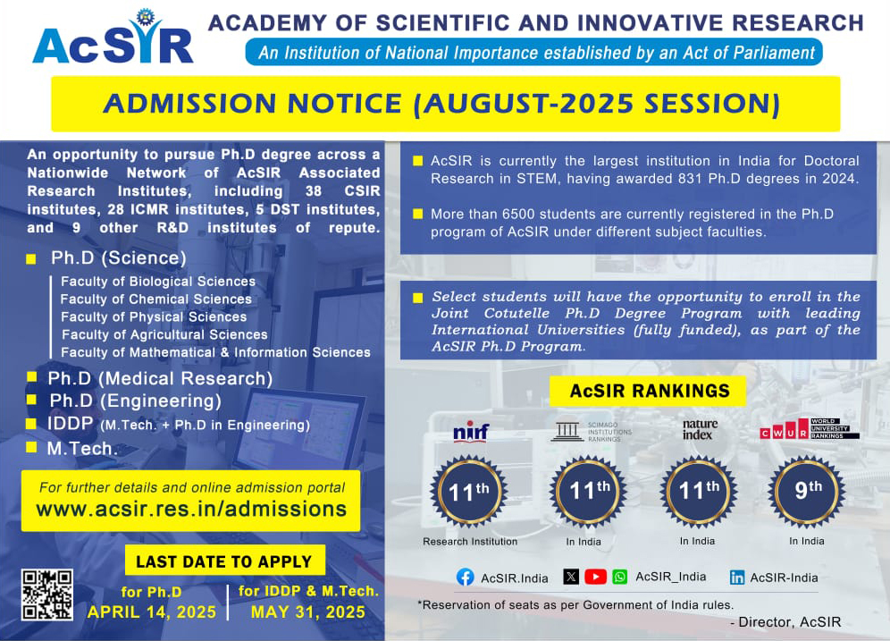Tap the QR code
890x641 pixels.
click(46, 595)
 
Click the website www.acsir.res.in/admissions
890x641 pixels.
click(190, 509)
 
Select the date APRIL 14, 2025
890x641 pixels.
click(152, 612)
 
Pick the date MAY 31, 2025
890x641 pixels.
click(307, 612)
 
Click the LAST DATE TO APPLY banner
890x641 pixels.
click(223, 562)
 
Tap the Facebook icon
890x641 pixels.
click(465, 578)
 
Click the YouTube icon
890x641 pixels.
click(595, 577)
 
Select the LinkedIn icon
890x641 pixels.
click(737, 578)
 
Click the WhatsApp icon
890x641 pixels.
click(619, 577)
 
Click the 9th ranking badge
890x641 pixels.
click(808, 491)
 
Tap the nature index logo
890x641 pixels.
click(700, 429)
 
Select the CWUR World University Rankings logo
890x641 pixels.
click(809, 430)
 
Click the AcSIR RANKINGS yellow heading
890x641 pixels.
click(650, 391)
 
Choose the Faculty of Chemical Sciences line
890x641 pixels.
click(155, 299)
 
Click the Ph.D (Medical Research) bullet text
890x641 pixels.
click(160, 378)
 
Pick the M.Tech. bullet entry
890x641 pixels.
click(82, 449)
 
